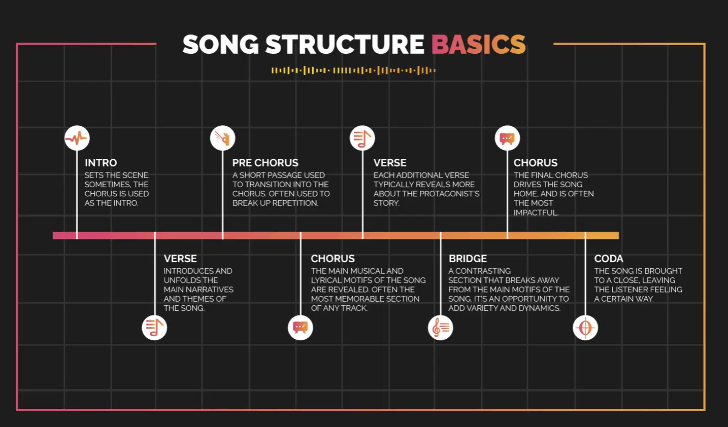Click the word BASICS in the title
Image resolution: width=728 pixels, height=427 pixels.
click(478, 44)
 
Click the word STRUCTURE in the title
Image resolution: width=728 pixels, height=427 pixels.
click(345, 44)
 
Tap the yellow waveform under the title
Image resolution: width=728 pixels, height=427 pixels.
click(354, 70)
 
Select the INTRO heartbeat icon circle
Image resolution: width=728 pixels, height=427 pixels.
click(77, 138)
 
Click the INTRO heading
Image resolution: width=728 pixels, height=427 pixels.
click(101, 163)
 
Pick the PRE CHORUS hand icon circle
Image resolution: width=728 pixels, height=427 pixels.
click(223, 138)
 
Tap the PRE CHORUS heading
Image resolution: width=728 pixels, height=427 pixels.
click(265, 163)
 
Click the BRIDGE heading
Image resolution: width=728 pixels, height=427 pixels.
click(468, 259)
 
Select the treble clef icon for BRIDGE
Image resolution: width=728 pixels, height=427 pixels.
click(440, 328)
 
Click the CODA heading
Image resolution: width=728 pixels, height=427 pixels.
click(609, 259)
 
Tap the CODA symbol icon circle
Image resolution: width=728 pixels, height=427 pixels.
click(585, 328)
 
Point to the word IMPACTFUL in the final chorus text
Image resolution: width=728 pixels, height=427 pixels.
click(536, 212)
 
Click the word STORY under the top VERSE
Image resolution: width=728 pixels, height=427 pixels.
click(386, 203)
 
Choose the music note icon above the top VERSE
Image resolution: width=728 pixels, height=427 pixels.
click(362, 138)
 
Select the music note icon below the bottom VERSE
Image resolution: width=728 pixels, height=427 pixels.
click(154, 328)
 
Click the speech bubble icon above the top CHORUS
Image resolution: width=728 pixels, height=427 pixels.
click(507, 138)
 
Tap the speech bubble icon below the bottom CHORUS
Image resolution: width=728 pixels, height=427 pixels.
click(301, 328)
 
